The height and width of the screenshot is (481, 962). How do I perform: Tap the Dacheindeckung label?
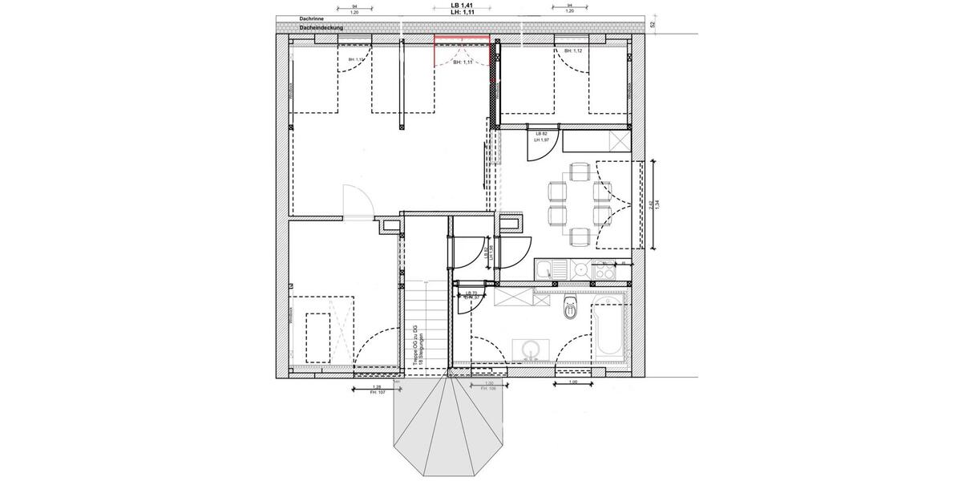(321, 28)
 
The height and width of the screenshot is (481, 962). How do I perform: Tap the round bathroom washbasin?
(530, 350)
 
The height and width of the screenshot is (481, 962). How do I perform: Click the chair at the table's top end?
(579, 172)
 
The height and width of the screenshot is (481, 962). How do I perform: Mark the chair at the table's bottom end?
(579, 236)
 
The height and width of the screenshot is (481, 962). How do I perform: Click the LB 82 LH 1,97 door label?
(543, 136)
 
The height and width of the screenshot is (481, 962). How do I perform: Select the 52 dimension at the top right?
(653, 25)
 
